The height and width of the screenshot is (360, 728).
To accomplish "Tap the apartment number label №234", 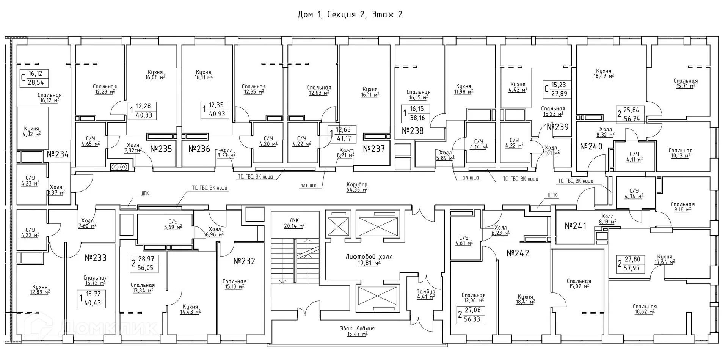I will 58,155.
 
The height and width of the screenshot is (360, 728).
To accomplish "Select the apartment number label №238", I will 413,131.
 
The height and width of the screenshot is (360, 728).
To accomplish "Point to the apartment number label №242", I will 518,253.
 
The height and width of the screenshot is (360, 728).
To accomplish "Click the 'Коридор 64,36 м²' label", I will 357,187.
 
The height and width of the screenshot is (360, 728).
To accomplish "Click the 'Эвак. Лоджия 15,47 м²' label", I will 357,331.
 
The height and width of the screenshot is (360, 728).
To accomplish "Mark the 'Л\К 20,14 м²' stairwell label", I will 294,223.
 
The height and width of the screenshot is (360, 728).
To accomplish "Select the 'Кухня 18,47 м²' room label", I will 603,74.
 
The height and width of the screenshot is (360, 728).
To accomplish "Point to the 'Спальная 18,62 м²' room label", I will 645,309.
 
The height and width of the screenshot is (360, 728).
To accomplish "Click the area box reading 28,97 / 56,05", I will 144,263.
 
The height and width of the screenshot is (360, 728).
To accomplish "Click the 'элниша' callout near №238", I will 471,178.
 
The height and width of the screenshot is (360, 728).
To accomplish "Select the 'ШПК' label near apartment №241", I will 552,196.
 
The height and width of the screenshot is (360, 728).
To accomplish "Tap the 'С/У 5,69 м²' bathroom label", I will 173,224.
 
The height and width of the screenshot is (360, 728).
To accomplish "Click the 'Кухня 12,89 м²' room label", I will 40,289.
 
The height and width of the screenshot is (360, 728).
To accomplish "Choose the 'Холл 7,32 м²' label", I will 133,148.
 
